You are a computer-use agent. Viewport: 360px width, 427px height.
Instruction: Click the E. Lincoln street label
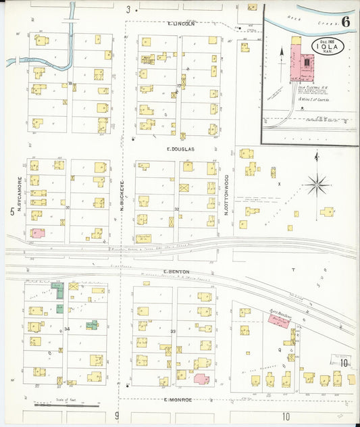pos(180,24)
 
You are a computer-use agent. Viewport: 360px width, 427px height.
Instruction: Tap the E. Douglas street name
pos(180,149)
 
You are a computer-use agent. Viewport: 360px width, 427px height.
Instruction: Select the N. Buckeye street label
pos(123,197)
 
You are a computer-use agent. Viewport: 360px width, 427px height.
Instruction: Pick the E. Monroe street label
pos(178,399)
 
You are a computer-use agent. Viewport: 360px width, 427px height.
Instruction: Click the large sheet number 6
pos(345,20)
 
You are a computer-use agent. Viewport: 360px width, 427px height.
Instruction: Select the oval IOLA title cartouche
pos(328,47)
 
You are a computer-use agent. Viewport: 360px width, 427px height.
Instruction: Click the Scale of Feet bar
pos(67,405)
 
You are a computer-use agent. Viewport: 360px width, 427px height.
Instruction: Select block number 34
pos(67,329)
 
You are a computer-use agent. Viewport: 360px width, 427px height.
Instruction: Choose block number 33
pos(174,331)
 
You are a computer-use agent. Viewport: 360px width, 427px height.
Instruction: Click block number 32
pos(176,209)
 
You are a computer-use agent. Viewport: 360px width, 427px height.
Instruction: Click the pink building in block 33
pos(201,378)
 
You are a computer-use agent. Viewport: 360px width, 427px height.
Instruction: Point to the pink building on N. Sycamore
pos(38,232)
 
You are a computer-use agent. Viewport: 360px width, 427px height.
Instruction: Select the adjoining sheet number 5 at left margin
pos(11,212)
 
